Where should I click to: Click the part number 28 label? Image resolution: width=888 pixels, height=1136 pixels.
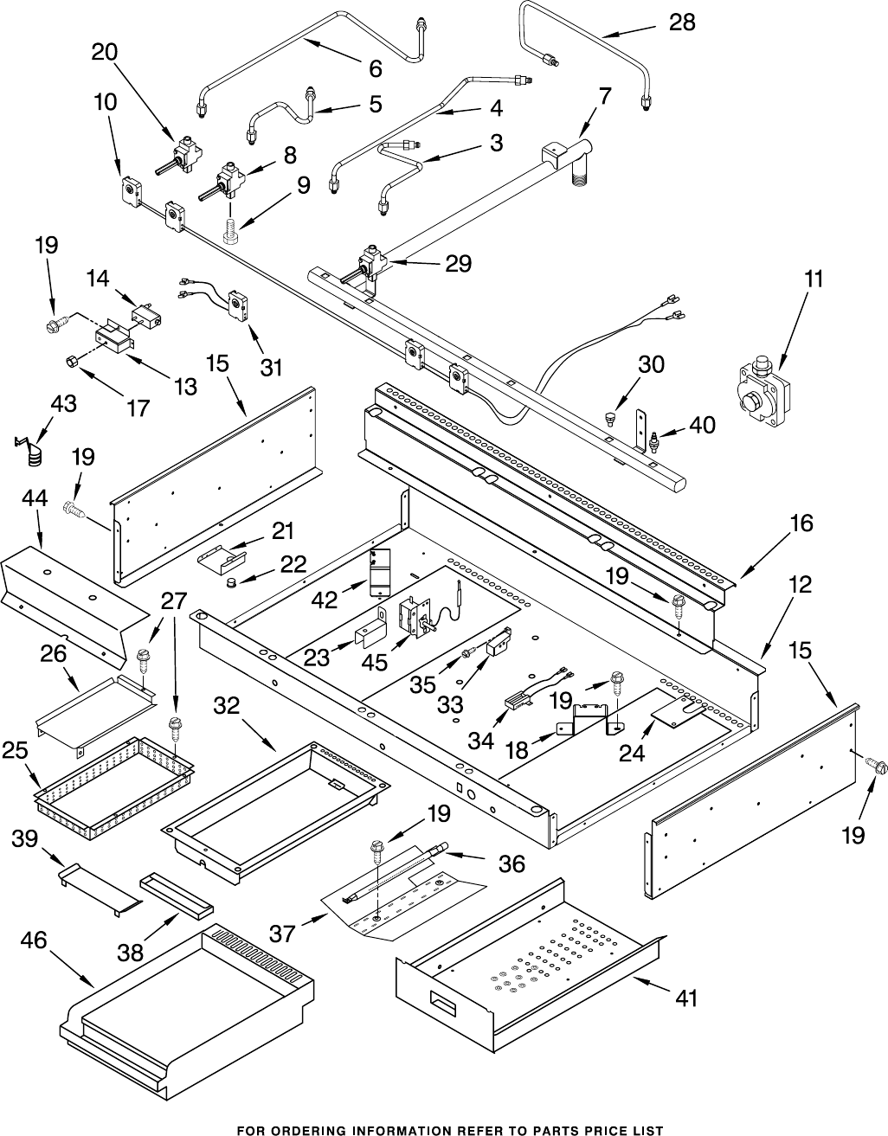pyautogui.click(x=682, y=22)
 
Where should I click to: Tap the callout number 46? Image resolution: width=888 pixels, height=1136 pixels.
pyautogui.click(x=34, y=940)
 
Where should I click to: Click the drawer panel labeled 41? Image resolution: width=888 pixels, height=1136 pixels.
pyautogui.click(x=528, y=973)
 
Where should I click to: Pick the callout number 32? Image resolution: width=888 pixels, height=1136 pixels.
pyautogui.click(x=227, y=706)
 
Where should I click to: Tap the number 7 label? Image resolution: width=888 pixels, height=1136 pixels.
pyautogui.click(x=605, y=96)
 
